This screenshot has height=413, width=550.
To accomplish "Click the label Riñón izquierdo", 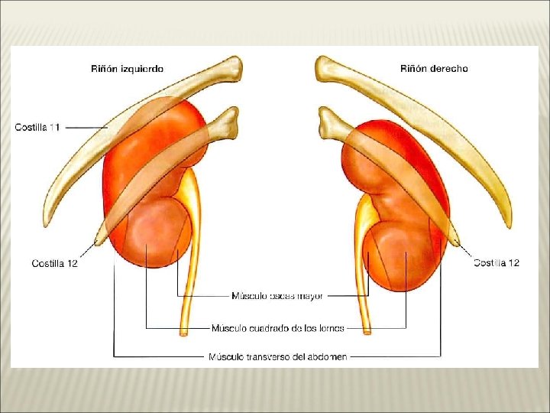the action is [128, 69].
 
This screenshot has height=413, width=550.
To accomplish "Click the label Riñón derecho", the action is [434, 69].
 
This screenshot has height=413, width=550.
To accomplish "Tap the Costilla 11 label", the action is [37, 127].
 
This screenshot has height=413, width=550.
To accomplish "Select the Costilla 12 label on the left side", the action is [54, 263].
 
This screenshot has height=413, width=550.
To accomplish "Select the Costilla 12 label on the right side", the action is [497, 263].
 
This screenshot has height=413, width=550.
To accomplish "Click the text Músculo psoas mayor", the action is [277, 295].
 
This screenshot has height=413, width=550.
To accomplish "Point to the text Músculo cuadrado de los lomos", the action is [278, 329].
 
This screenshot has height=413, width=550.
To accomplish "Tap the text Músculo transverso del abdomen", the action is [278, 356].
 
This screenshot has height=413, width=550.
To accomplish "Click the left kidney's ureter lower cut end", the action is [184, 332].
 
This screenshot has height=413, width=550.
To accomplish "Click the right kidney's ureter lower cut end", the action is [367, 331].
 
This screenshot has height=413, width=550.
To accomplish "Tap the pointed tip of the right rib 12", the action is [458, 242].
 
